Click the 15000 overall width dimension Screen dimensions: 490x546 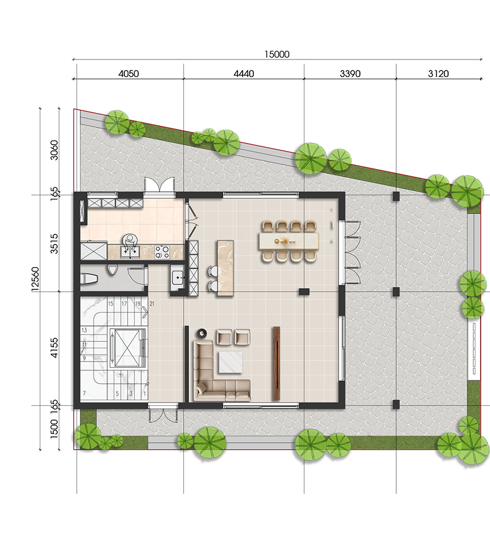(x=277, y=54)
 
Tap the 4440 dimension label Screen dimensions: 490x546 (x=243, y=74)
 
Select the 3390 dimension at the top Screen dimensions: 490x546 (x=350, y=74)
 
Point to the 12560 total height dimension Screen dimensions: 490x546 (x=35, y=279)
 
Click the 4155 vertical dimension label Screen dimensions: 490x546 (x=54, y=348)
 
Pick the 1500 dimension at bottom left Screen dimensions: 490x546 (x=54, y=429)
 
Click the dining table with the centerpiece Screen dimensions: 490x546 (x=289, y=241)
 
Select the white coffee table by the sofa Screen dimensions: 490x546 (x=230, y=362)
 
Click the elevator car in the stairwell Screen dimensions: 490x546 (x=127, y=348)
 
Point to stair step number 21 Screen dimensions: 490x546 (x=152, y=304)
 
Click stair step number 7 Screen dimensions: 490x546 (x=84, y=394)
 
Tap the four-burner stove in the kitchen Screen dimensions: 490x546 (x=162, y=252)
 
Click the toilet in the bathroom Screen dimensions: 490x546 (x=90, y=279)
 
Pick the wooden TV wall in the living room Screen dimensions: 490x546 (x=277, y=363)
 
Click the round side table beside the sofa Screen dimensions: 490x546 (x=202, y=334)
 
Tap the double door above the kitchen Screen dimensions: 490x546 (x=159, y=184)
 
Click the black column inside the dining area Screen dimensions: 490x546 (x=304, y=292)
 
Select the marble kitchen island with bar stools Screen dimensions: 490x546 (x=225, y=268)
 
